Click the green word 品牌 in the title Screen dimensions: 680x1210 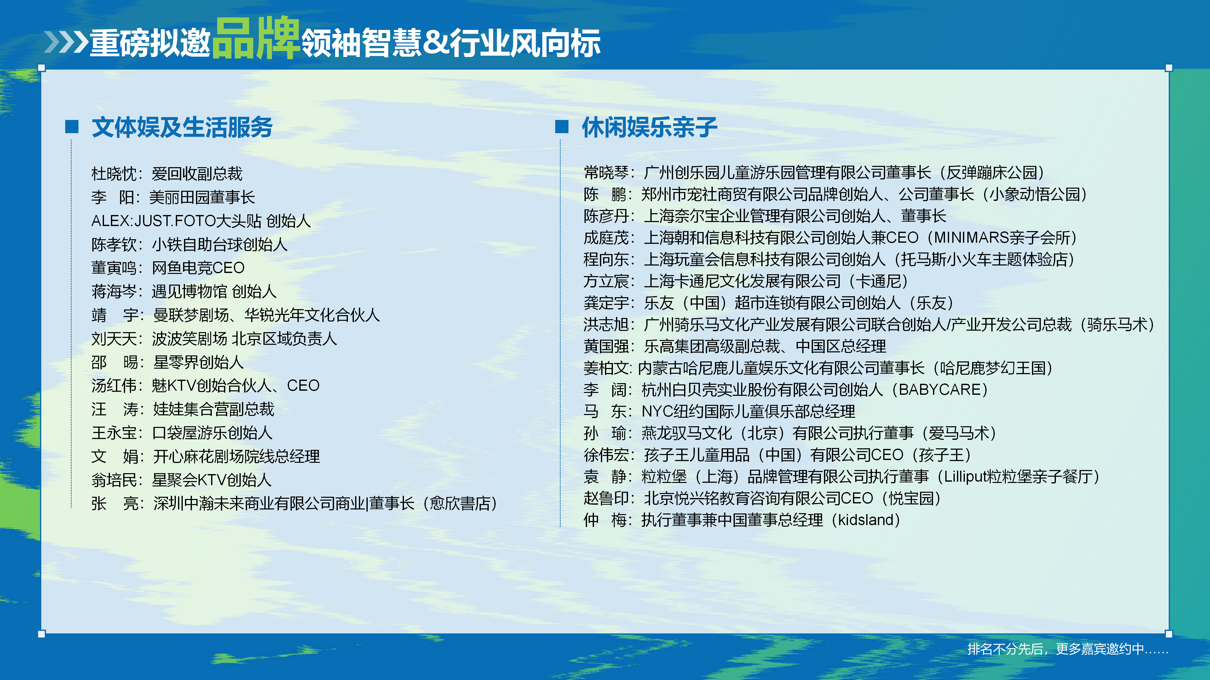[256, 38]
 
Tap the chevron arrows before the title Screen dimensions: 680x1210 [66, 42]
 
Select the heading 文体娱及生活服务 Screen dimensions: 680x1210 [182, 127]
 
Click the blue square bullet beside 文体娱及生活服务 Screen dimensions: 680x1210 [72, 126]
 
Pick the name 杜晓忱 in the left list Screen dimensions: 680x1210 [114, 174]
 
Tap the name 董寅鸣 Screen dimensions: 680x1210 [114, 268]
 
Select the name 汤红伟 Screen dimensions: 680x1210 [114, 386]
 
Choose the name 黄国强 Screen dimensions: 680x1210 [606, 346]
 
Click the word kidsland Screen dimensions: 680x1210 [866, 520]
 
